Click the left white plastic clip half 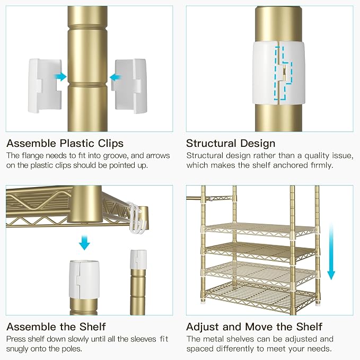click(45, 86)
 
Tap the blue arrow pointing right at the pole click(60, 77)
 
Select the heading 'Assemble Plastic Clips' click(65, 143)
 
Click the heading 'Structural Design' click(231, 143)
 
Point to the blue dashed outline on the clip click(283, 74)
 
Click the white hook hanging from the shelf click(136, 217)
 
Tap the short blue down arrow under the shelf click(84, 242)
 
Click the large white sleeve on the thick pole click(84, 279)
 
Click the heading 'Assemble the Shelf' click(56, 327)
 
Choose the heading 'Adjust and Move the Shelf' click(254, 327)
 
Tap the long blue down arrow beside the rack click(331, 252)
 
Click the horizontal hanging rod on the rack click(210, 198)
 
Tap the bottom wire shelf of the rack click(259, 296)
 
